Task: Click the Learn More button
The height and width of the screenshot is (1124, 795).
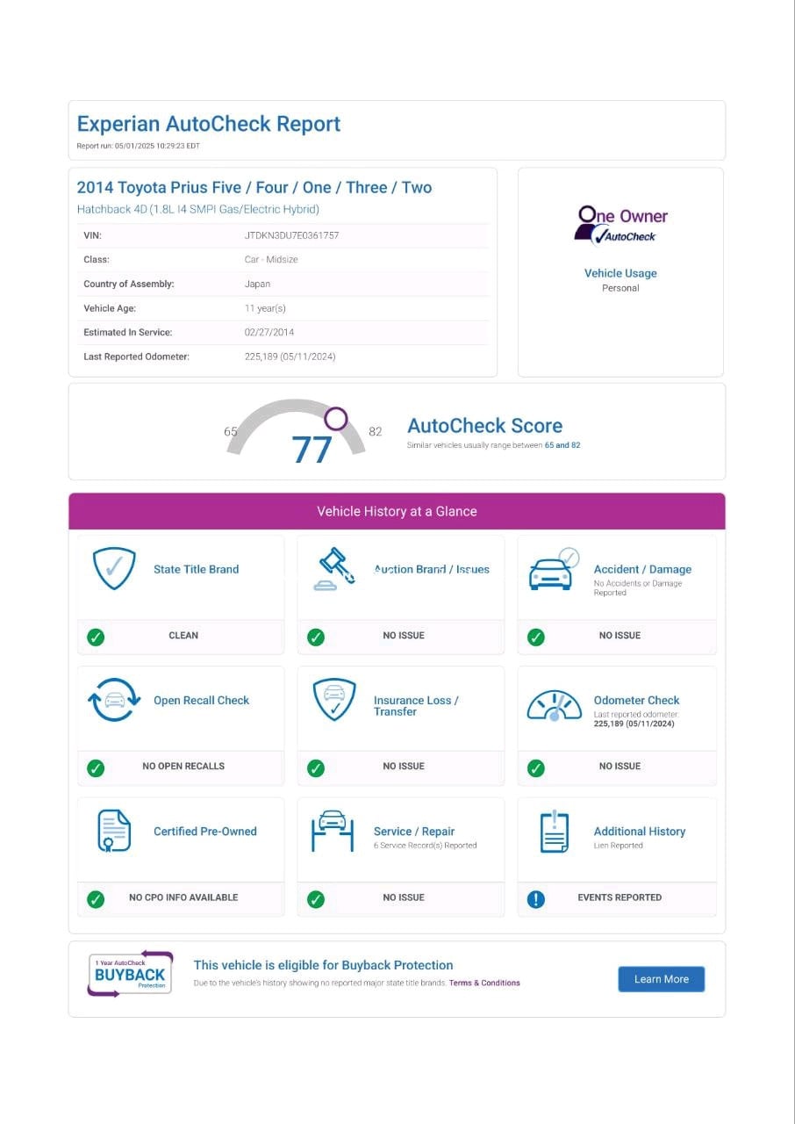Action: pyautogui.click(x=661, y=979)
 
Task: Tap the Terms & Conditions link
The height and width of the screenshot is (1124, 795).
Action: pyautogui.click(x=484, y=983)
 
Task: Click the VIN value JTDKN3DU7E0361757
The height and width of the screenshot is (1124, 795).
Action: pyautogui.click(x=291, y=235)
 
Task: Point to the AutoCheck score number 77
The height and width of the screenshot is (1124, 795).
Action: pyautogui.click(x=312, y=450)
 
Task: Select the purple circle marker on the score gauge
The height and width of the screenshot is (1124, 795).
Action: pyautogui.click(x=336, y=419)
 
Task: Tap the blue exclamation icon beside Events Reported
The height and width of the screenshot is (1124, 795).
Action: pyautogui.click(x=535, y=898)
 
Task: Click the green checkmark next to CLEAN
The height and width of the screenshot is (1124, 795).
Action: pyautogui.click(x=96, y=637)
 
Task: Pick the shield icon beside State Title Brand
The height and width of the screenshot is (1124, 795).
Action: pyautogui.click(x=115, y=568)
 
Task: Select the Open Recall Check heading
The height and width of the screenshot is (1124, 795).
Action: pyautogui.click(x=201, y=700)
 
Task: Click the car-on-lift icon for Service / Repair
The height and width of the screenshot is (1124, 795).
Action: pyautogui.click(x=333, y=831)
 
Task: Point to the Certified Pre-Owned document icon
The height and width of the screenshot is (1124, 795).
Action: pyautogui.click(x=114, y=831)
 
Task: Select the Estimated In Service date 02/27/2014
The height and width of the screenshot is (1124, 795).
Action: pyautogui.click(x=269, y=332)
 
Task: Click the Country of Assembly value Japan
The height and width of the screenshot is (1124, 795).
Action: pyautogui.click(x=257, y=284)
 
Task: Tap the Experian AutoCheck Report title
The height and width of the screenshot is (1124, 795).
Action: pyautogui.click(x=209, y=124)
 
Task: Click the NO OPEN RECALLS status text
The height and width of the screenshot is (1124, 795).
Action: pyautogui.click(x=183, y=766)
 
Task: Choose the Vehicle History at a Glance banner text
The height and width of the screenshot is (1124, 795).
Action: pyautogui.click(x=397, y=511)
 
